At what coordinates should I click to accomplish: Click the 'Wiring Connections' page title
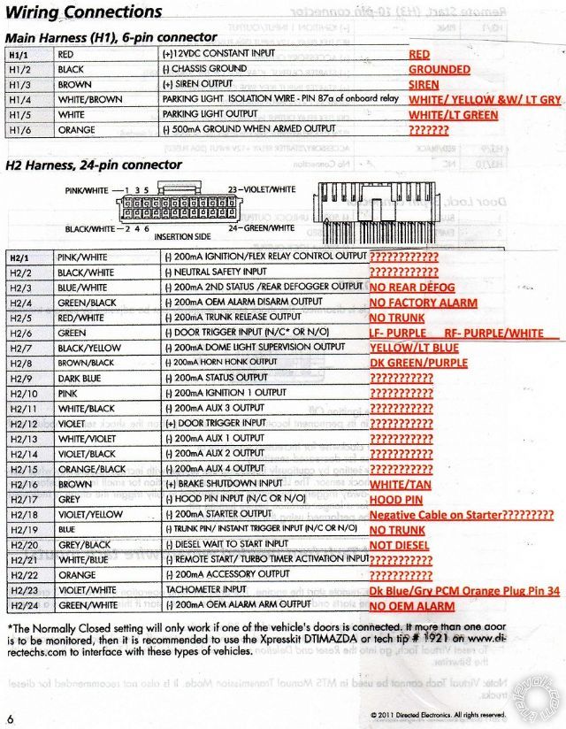click(84, 12)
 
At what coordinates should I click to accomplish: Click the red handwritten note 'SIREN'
click(424, 85)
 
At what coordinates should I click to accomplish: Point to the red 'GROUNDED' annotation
click(439, 70)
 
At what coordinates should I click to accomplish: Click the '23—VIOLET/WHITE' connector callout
click(262, 189)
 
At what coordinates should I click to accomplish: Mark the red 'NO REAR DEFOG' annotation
click(412, 288)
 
